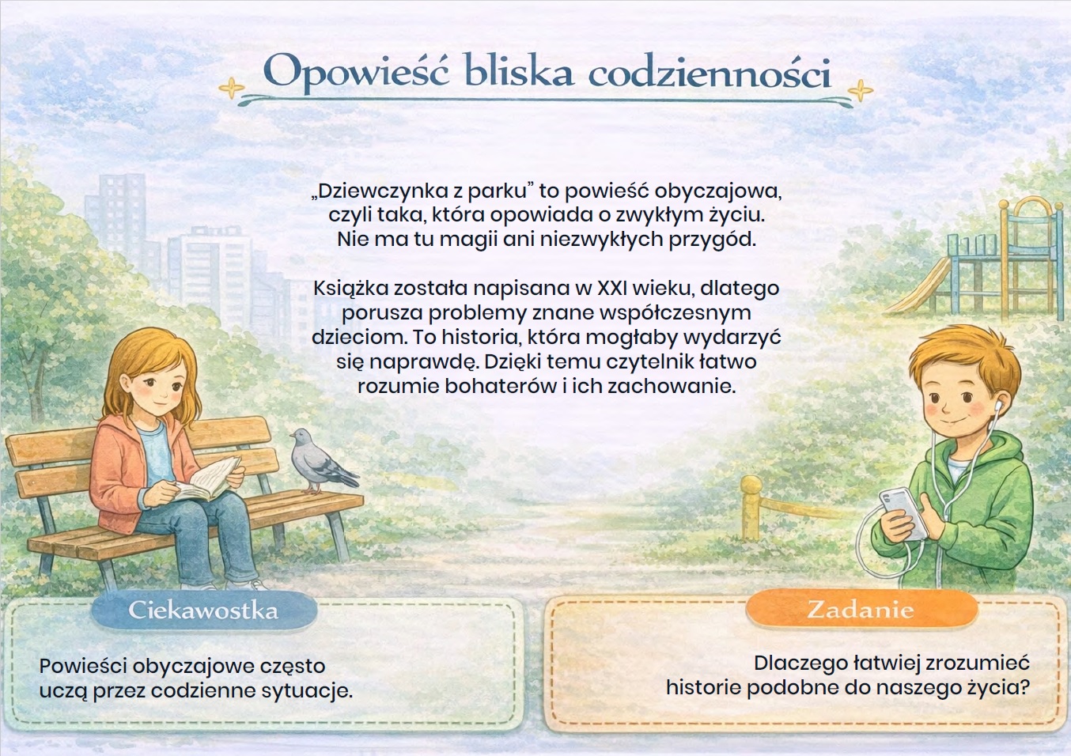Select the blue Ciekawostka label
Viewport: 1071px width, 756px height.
click(204, 610)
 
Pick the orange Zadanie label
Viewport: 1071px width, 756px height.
click(861, 609)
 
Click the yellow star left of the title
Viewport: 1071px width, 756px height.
click(232, 88)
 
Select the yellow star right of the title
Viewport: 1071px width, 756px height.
click(860, 90)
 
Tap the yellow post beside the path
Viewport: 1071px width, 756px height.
click(751, 507)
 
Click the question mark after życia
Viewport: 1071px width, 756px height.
click(1024, 687)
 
